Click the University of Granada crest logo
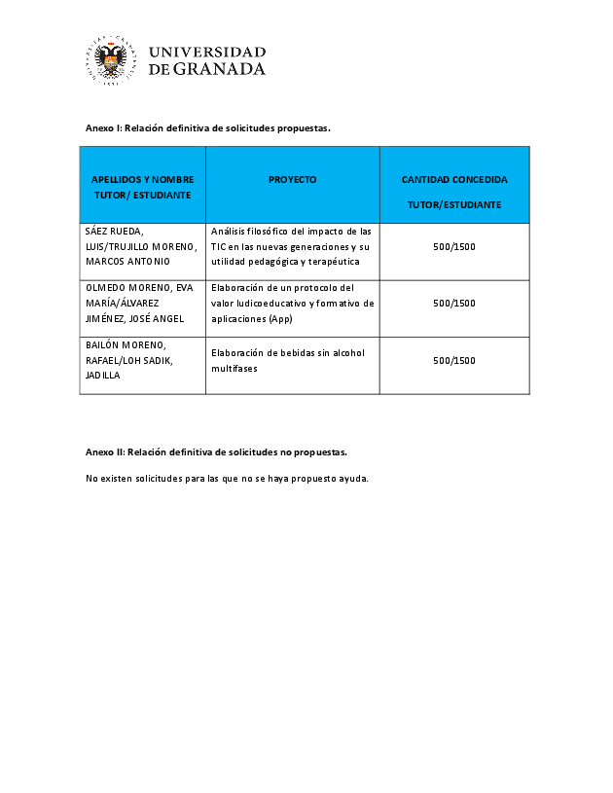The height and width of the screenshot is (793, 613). [x=111, y=60]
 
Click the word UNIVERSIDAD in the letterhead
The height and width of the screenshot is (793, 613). [x=207, y=52]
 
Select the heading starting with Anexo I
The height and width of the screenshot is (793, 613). [x=208, y=127]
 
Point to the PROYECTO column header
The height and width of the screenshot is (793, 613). [x=292, y=179]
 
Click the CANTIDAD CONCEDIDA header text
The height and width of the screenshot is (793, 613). [x=453, y=180]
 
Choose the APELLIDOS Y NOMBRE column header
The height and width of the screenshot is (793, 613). [x=142, y=187]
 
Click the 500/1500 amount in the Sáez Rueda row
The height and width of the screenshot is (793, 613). [x=453, y=246]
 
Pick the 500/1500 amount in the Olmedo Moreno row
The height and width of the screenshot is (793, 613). [x=453, y=303]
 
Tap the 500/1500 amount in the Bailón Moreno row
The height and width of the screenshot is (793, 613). [x=453, y=360]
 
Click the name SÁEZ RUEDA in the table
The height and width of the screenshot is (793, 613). [x=114, y=232]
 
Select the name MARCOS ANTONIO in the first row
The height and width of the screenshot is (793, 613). [x=127, y=261]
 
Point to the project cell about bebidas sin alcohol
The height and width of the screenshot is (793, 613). [x=287, y=360]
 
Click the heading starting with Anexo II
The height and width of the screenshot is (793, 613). [x=216, y=451]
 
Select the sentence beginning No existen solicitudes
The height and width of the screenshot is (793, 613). [x=227, y=478]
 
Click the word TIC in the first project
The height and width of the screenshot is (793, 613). [x=219, y=246]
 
